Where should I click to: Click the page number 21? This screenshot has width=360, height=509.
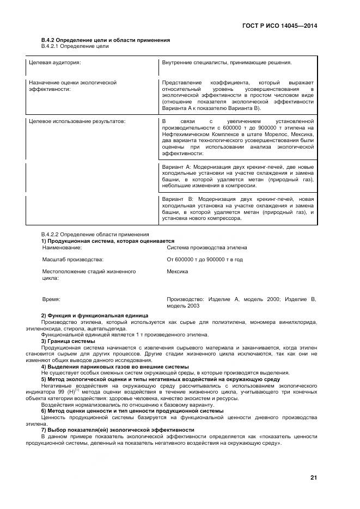click(x=313, y=478)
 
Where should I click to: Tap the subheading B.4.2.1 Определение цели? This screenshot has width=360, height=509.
click(x=75, y=46)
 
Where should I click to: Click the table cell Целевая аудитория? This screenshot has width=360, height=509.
click(x=55, y=63)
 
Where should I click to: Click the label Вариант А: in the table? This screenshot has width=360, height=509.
click(x=176, y=166)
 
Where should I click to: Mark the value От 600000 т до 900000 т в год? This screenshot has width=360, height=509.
click(x=205, y=260)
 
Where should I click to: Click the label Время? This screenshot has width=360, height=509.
click(x=51, y=299)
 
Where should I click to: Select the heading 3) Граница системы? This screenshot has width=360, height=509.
click(x=68, y=341)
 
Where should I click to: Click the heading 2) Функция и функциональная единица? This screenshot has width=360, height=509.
click(x=91, y=315)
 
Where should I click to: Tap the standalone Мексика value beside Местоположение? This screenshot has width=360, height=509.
click(x=178, y=271)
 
